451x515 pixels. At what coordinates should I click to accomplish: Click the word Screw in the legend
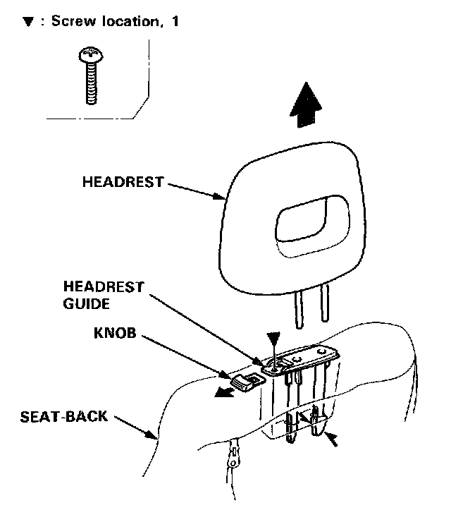(x=68, y=22)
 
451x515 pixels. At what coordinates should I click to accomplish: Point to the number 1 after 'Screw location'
(x=175, y=22)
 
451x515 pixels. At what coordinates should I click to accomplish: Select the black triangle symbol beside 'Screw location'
(x=27, y=22)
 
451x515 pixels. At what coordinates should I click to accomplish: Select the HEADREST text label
(x=123, y=181)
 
